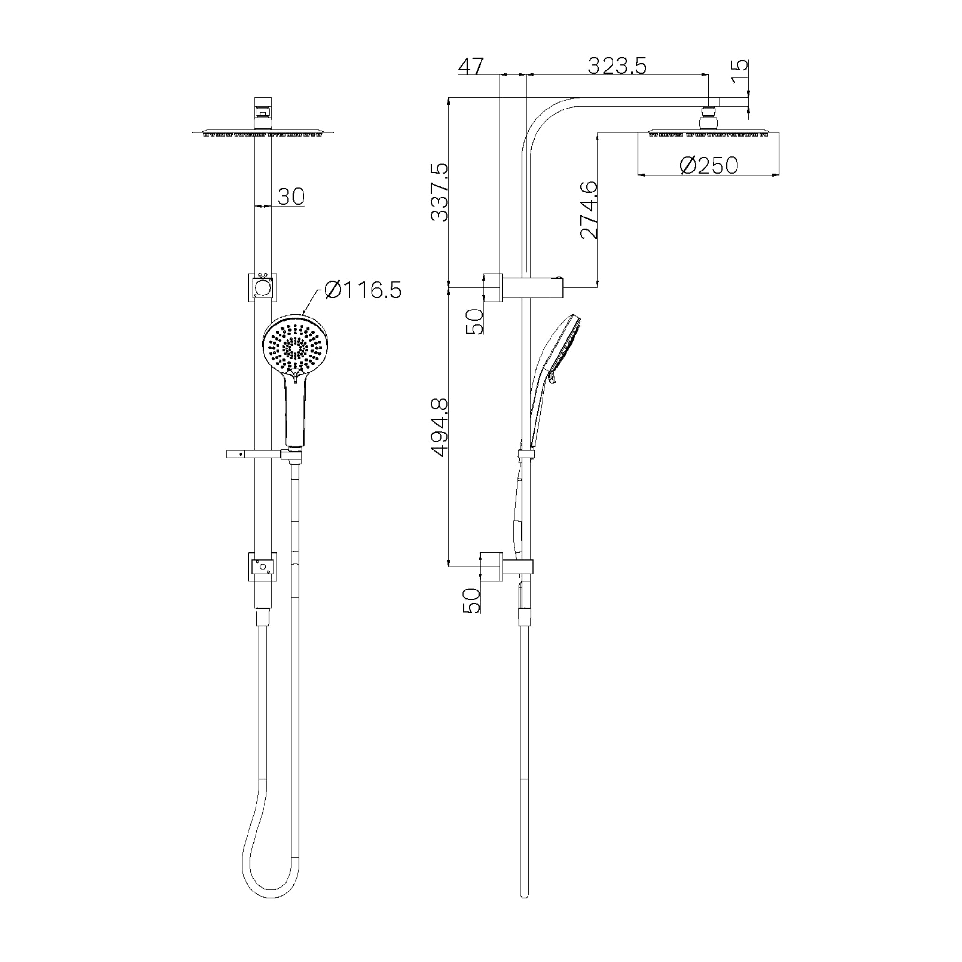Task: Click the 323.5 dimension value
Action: point(617,66)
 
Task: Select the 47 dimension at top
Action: point(471,66)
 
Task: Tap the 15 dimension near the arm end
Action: point(741,73)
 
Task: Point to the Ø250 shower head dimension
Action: point(709,166)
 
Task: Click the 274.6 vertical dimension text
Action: point(589,209)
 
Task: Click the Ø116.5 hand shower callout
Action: point(363,290)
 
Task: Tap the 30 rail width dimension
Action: point(291,197)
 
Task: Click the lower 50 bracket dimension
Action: point(471,600)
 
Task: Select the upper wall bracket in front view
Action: point(263,287)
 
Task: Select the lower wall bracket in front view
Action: point(263,566)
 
